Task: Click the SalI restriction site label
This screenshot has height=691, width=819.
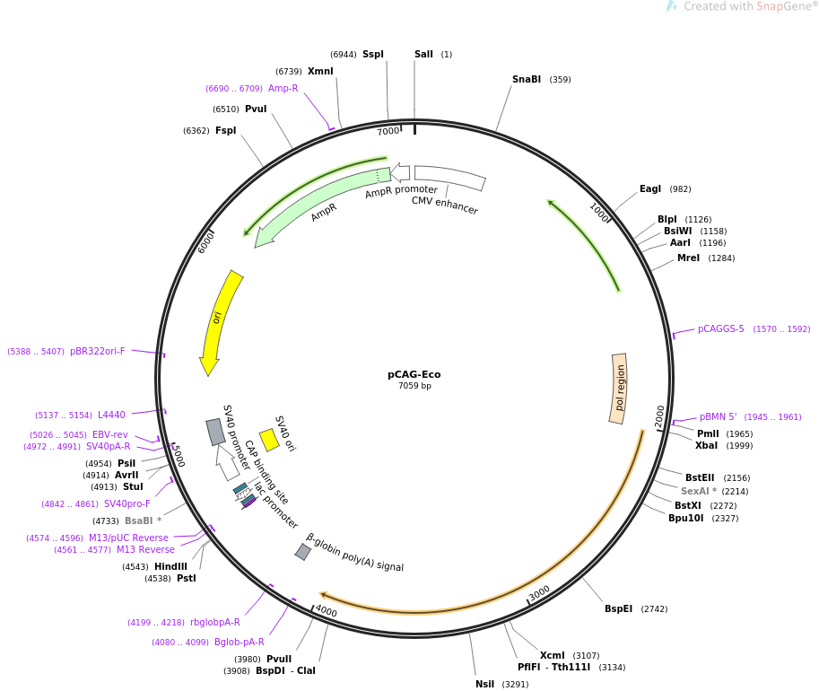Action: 423,55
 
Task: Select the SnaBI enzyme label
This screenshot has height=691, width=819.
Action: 527,80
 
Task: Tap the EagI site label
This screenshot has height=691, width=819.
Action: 650,189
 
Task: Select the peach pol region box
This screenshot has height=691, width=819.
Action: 620,388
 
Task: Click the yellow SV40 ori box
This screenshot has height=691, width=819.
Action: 268,440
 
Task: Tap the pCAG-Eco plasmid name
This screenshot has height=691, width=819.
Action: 414,375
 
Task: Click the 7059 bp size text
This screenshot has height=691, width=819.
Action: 414,387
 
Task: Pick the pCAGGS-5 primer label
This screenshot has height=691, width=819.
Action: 721,329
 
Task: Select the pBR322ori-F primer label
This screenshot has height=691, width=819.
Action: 98,352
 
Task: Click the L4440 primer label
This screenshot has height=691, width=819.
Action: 112,415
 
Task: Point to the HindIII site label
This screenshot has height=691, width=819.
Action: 170,567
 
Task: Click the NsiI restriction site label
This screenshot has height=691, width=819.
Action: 484,685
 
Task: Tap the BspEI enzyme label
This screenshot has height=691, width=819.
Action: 618,609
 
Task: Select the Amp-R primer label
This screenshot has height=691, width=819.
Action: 283,89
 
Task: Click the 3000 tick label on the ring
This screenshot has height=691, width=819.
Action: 539,594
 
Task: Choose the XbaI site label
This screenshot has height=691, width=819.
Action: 706,446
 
